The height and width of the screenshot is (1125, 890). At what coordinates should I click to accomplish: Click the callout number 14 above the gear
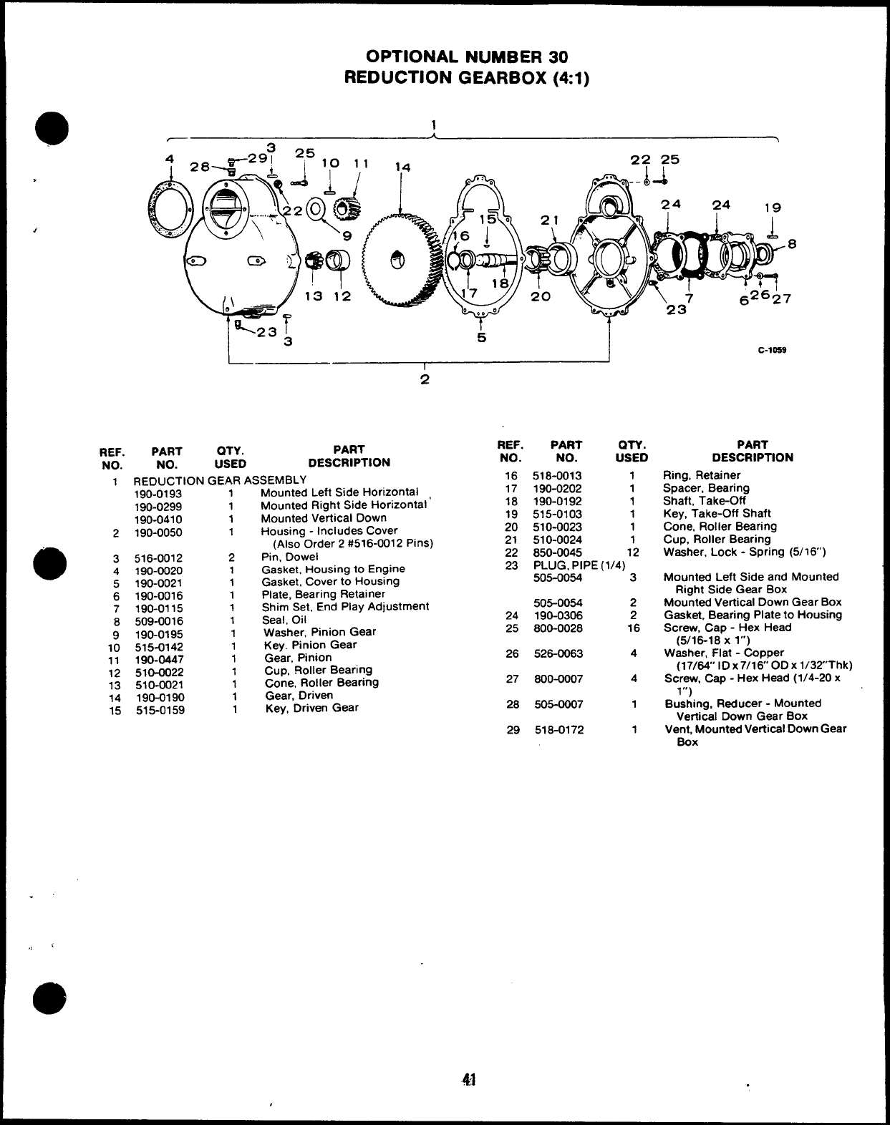pyautogui.click(x=403, y=167)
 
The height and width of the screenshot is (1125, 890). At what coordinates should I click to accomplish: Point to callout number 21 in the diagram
pyautogui.click(x=549, y=221)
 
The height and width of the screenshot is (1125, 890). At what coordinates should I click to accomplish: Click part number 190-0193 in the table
pyautogui.click(x=158, y=493)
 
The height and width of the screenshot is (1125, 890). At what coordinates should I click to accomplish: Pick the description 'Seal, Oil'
pyautogui.click(x=284, y=620)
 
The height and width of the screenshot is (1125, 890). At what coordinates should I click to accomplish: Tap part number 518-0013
pyautogui.click(x=557, y=475)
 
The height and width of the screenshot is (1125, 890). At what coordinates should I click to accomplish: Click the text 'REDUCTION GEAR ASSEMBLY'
pyautogui.click(x=220, y=480)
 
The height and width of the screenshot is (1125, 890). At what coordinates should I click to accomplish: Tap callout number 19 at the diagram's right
pyautogui.click(x=773, y=208)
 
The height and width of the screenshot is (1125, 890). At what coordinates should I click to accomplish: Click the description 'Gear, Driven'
pyautogui.click(x=299, y=695)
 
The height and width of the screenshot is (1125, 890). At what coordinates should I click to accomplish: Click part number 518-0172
pyautogui.click(x=557, y=729)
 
